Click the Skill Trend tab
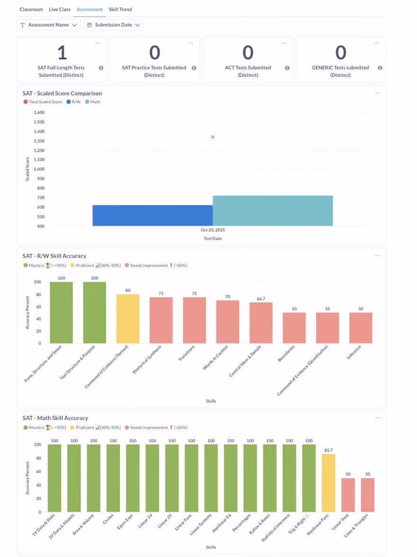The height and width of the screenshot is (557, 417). pos(120,9)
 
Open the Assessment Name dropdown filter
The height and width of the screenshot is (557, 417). pos(48,25)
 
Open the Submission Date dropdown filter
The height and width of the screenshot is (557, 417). pos(113,25)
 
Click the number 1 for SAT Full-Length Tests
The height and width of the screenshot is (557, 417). pos(62,53)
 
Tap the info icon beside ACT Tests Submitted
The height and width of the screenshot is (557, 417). pos(287,68)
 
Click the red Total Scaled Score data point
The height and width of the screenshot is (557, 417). pos(213,137)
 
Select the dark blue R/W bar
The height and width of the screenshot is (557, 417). pos(153,215)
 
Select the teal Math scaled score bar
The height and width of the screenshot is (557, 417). pos(272,211)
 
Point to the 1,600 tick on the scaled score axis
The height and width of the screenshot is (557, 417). pos(39,112)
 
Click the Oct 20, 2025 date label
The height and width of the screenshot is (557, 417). pos(213,230)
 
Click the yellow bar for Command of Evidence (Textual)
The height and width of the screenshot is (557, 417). pos(127,319)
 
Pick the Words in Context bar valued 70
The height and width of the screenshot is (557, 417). pos(227,322)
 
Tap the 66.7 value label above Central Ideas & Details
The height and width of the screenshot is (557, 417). pos(261,299)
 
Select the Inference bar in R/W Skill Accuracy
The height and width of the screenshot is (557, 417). pos(361,328)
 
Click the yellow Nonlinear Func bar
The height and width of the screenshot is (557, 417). pos(328,483)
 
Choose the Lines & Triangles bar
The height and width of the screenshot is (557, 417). pos(368,495)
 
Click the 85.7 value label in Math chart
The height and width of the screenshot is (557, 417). pos(328,450)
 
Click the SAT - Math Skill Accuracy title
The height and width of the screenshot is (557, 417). pos(55,418)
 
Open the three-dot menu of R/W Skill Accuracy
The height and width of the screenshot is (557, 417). pos(377,255)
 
